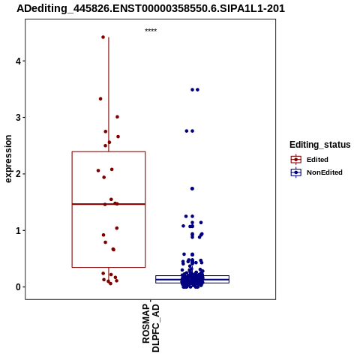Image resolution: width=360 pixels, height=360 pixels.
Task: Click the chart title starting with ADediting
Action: coord(151,8)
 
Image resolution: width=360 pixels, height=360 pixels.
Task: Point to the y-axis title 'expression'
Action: coord(8,159)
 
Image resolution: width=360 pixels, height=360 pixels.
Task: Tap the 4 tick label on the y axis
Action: coord(18,61)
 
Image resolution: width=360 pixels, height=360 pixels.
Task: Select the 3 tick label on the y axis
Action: coord(18,118)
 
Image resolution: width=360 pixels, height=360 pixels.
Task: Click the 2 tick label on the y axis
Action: coord(18,174)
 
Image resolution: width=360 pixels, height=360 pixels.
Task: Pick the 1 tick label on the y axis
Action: coord(18,230)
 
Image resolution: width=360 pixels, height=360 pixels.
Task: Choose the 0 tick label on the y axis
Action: coord(18,287)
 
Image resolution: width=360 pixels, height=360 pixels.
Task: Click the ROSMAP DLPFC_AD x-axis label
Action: coord(151,328)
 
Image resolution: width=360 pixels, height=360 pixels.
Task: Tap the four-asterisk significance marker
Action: coord(151,31)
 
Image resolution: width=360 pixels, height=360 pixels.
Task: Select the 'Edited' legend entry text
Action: coord(317,160)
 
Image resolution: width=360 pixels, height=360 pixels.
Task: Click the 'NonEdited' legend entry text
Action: coord(325,172)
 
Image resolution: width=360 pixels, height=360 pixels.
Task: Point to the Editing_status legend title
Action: coord(320,145)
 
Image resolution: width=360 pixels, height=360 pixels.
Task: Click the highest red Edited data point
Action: coord(103,37)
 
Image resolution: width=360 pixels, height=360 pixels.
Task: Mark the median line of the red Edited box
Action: coord(109,204)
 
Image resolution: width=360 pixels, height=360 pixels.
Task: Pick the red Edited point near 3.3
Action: coord(100,99)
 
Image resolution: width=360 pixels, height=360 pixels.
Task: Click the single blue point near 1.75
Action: coord(192,189)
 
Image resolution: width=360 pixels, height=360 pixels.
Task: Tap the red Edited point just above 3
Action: coord(117,117)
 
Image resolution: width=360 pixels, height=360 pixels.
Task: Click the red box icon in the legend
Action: coord(296,160)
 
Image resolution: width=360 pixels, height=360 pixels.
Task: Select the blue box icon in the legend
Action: coord(296,172)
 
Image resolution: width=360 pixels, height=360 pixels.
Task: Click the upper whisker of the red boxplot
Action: coord(109,94)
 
